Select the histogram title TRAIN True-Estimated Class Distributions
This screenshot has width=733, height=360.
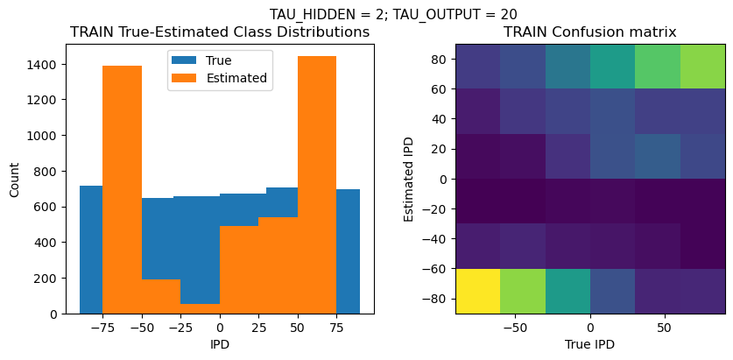(219, 32)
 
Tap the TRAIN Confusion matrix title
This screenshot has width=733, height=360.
(589, 32)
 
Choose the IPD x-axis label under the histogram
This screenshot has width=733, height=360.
(220, 344)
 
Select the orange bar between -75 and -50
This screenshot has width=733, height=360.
(122, 189)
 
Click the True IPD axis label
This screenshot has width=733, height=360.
(589, 344)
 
